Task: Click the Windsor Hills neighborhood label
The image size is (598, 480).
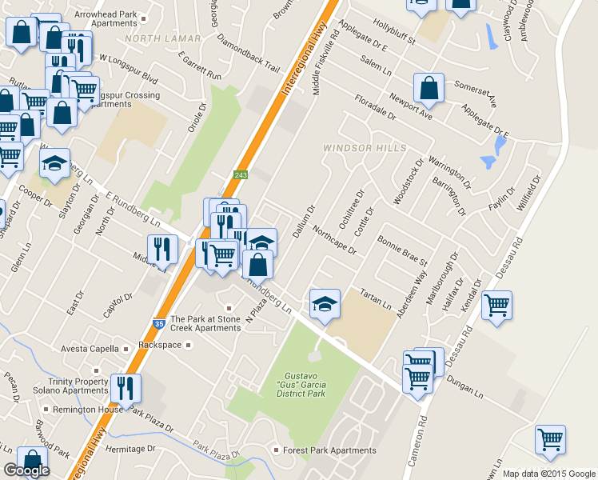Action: click(365, 148)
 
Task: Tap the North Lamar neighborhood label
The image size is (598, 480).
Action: click(155, 38)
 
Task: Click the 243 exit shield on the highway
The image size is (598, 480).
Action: click(240, 175)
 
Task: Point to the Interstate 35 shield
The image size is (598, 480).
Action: click(160, 323)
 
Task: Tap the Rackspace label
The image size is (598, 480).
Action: click(161, 346)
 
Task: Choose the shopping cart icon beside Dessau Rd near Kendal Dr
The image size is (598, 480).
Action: click(497, 305)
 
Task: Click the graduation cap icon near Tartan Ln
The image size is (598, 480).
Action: click(325, 303)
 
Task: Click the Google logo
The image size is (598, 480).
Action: click(26, 470)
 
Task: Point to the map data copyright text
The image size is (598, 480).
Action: click(548, 474)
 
